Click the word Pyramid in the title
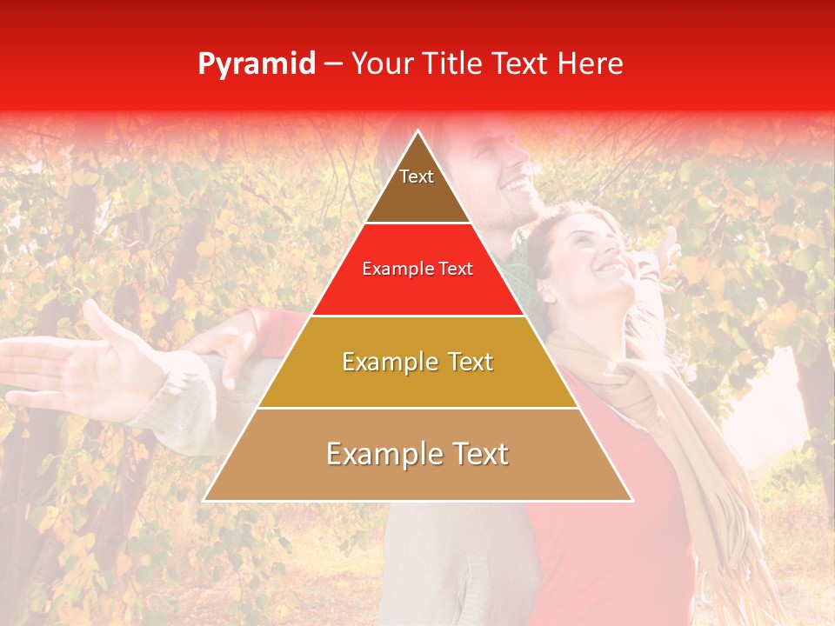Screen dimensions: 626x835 coord(256,64)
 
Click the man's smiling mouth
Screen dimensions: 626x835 coord(517,185)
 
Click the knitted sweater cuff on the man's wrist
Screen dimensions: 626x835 coord(178,396)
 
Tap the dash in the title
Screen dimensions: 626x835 coord(332,64)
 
